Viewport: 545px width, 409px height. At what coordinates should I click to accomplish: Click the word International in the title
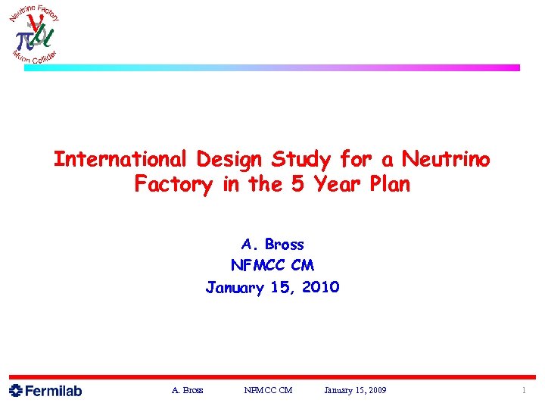point(121,160)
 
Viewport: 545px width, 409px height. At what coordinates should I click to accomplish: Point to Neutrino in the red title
point(446,160)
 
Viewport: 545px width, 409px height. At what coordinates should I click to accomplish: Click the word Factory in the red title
point(175,185)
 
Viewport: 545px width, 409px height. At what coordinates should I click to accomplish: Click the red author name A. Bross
point(272,245)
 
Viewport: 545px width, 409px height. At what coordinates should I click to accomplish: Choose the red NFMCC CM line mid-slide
point(272,266)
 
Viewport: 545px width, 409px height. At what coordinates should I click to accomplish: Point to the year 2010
point(319,288)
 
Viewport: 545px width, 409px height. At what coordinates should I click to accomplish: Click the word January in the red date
point(234,288)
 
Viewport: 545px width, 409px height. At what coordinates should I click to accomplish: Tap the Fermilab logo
point(45,391)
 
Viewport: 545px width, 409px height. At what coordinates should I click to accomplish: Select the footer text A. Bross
point(187,391)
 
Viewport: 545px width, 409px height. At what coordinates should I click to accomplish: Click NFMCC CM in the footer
point(268,391)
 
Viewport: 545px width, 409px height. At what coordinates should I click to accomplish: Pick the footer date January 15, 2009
point(355,391)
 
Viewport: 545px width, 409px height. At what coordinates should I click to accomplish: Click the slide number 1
point(523,391)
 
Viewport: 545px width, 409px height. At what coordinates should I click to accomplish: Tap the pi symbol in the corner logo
point(23,37)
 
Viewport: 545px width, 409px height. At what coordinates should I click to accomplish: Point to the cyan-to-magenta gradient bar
point(272,67)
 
